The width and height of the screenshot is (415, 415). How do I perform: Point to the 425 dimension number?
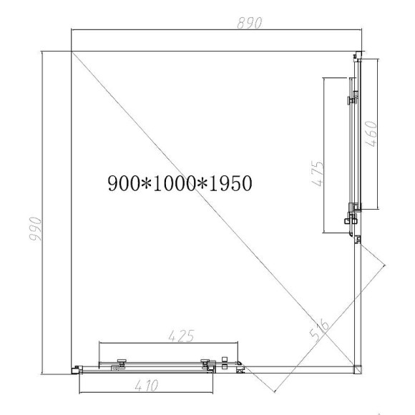coord(179,335)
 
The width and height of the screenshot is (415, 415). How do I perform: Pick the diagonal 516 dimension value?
coord(320,329)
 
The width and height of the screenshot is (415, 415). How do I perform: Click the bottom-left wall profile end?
coord(76,369)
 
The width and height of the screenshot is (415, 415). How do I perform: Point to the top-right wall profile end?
coord(358,54)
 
